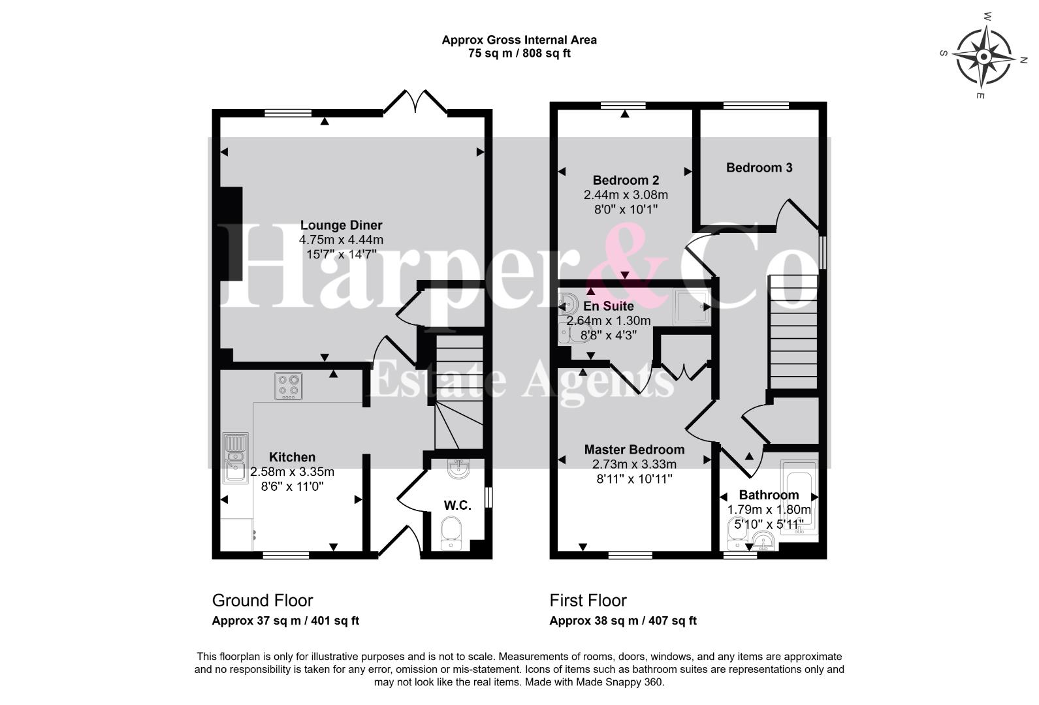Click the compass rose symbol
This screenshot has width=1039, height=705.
tap(983, 57)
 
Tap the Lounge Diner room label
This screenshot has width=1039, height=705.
tap(341, 225)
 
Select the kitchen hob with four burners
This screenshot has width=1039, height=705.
tap(289, 386)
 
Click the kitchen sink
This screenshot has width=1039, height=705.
tap(236, 458)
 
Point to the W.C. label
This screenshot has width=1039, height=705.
tap(457, 506)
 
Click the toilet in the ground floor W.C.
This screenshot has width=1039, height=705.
tap(451, 534)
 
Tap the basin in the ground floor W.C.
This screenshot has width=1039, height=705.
tap(458, 468)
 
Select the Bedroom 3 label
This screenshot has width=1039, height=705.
tap(759, 168)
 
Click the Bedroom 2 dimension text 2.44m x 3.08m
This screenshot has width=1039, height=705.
tap(625, 195)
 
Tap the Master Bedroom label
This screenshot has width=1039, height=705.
tap(634, 450)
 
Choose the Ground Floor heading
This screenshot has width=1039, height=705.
tap(263, 601)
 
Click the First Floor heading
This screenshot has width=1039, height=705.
tap(588, 601)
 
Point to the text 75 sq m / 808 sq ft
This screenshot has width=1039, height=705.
tap(519, 54)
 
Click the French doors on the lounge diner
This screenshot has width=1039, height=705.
tap(415, 102)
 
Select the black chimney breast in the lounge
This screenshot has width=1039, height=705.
tap(231, 234)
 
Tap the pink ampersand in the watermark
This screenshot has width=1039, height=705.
tap(626, 264)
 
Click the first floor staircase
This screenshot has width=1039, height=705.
tap(793, 332)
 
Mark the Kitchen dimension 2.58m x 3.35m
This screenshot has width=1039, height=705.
tap(292, 472)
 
